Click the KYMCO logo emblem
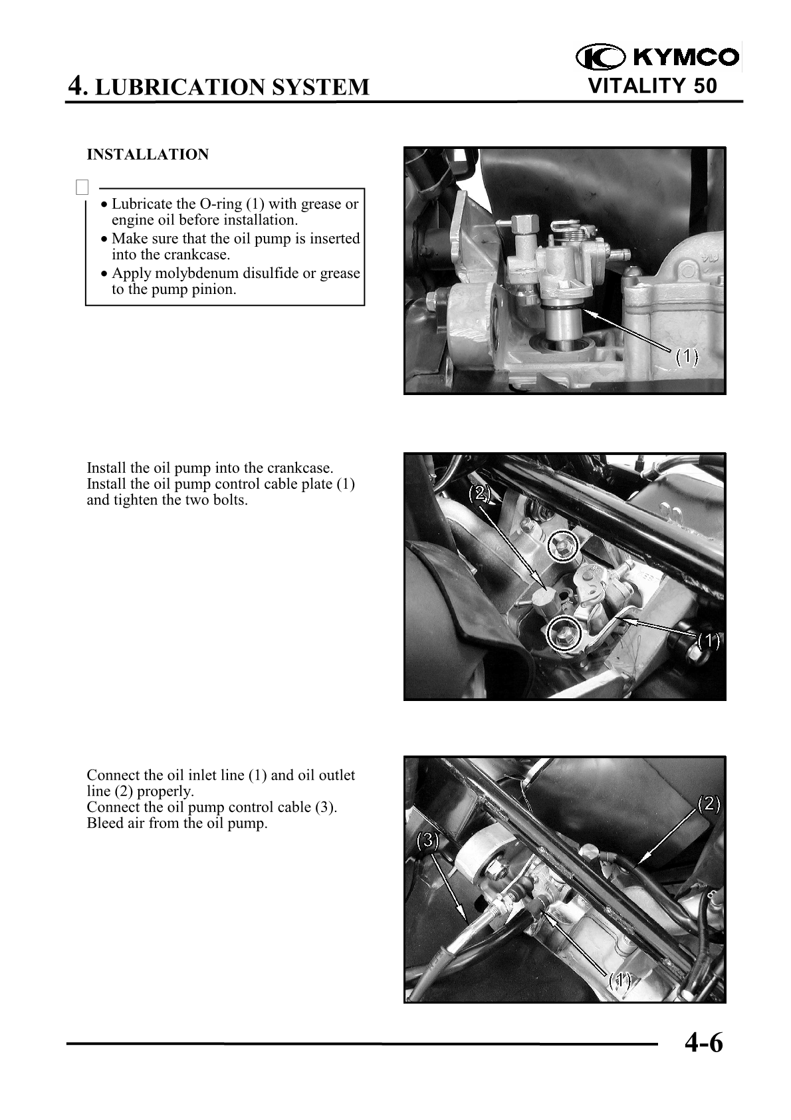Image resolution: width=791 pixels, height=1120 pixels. (600, 57)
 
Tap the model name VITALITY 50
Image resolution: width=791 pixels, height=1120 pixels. (653, 86)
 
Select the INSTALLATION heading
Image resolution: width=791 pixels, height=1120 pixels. (148, 154)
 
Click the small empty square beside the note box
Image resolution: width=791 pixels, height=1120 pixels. (82, 188)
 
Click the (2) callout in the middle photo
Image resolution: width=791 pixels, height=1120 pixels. (480, 493)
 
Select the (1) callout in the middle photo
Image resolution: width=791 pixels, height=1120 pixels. (709, 640)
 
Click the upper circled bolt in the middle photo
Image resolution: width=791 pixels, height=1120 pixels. (562, 545)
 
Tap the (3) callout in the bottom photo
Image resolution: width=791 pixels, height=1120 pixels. (427, 840)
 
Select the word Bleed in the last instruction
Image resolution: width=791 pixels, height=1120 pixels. (105, 823)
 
